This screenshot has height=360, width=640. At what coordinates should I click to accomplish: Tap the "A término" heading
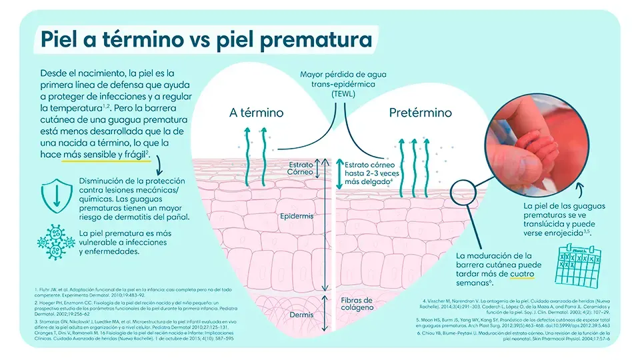(256, 113)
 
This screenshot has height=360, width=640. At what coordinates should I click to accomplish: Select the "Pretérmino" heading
(420, 113)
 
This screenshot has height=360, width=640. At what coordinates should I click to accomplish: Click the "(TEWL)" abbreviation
(343, 95)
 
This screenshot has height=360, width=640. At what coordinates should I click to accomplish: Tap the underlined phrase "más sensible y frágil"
(103, 155)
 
